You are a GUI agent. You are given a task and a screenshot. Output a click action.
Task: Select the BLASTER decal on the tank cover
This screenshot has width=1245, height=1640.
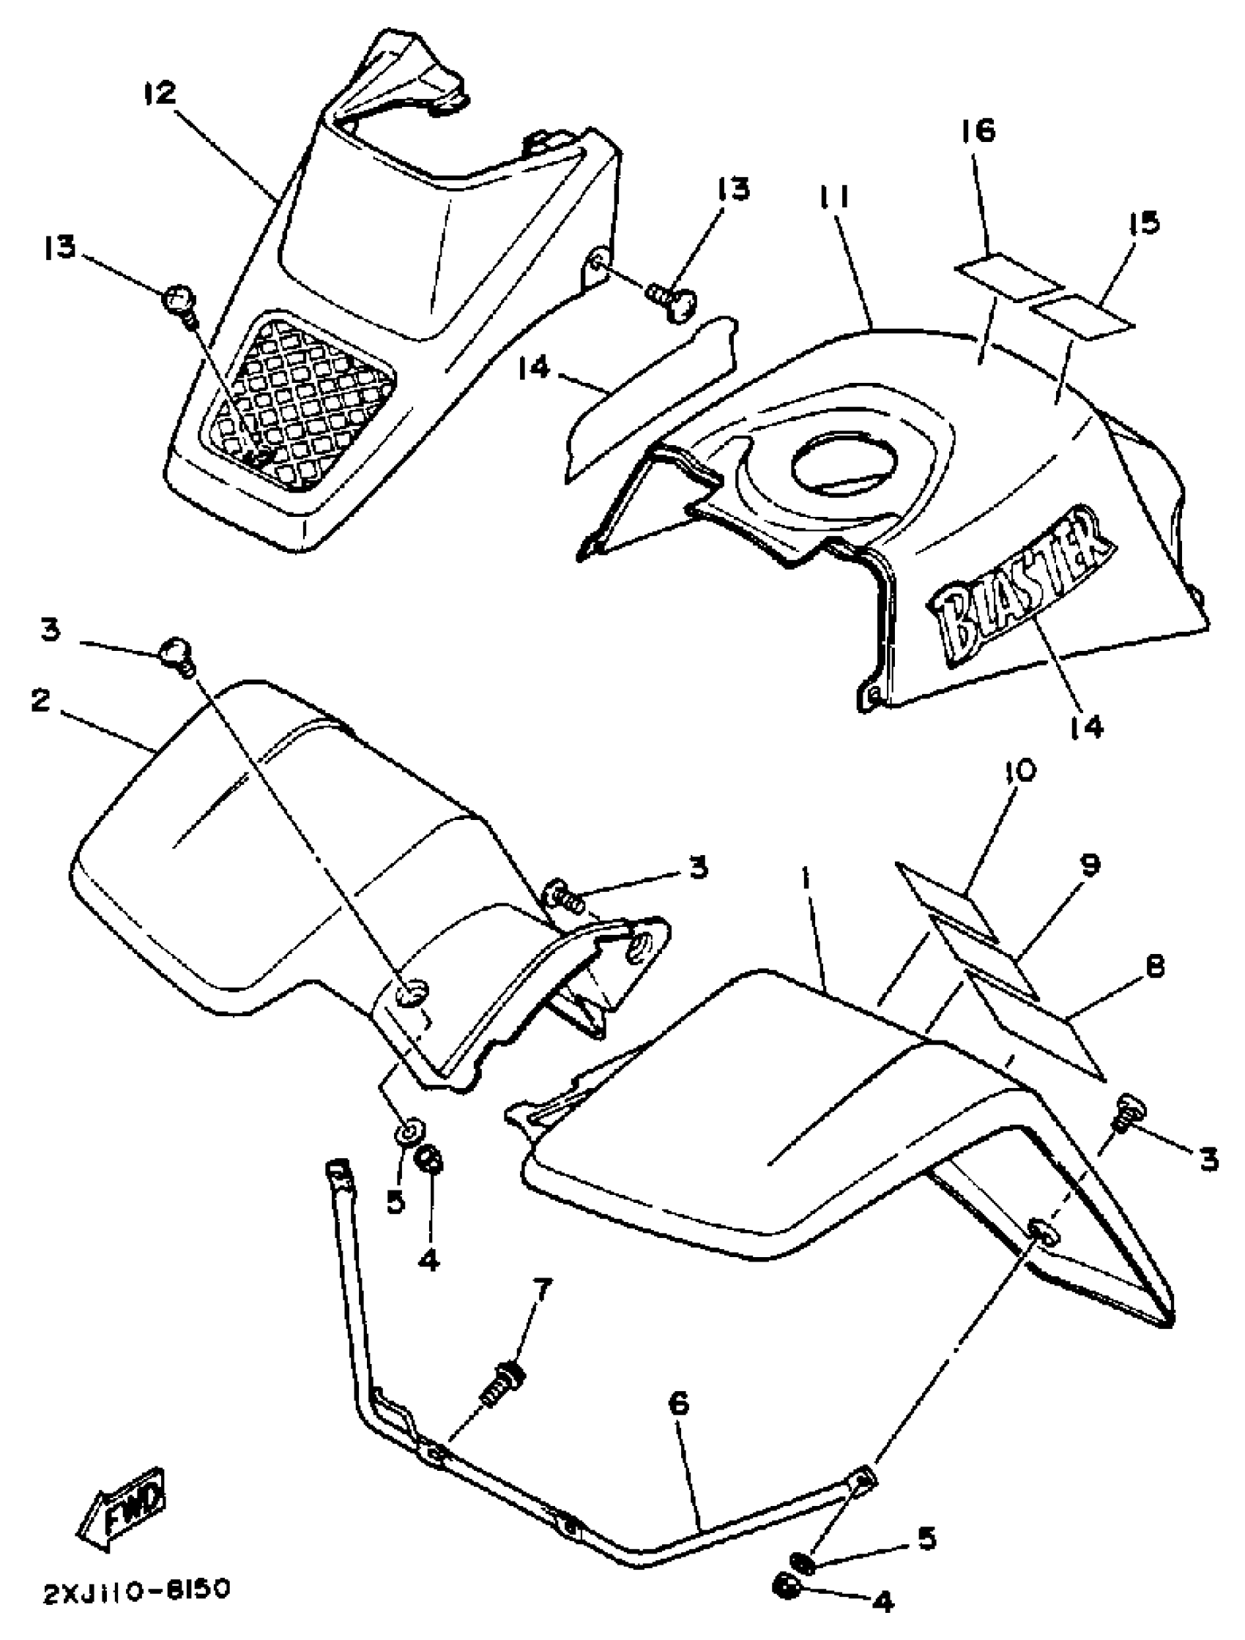point(1019,586)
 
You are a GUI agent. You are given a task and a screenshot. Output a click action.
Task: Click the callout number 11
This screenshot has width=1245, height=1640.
point(835,198)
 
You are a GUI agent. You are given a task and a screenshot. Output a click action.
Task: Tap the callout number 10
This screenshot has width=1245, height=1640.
point(1021,771)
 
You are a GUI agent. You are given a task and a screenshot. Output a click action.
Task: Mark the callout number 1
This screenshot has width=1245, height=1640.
point(806,879)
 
